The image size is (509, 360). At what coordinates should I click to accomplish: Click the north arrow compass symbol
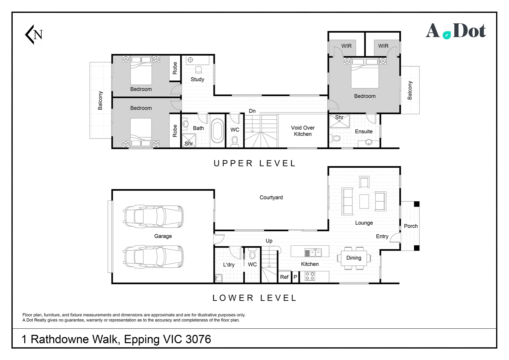(34, 34)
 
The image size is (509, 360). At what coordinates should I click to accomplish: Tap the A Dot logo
(456, 31)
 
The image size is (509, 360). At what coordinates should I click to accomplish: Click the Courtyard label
(271, 197)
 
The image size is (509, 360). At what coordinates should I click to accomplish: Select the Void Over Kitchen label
(303, 131)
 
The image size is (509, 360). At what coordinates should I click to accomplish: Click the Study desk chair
(199, 70)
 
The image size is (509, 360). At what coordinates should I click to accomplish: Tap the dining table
(354, 258)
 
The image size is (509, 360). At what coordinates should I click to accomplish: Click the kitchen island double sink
(313, 253)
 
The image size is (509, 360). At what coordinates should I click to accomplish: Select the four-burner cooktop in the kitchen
(310, 276)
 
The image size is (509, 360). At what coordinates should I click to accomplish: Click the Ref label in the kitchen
(284, 277)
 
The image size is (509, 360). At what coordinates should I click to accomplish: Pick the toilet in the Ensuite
(335, 138)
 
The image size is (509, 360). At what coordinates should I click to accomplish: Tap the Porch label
(411, 226)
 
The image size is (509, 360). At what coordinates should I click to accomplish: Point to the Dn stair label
(252, 111)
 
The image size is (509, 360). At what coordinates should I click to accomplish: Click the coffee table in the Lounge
(364, 201)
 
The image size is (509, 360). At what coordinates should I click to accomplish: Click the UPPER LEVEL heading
(254, 163)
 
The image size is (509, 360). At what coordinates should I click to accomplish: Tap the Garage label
(163, 236)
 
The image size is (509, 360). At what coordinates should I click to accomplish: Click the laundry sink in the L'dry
(219, 278)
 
